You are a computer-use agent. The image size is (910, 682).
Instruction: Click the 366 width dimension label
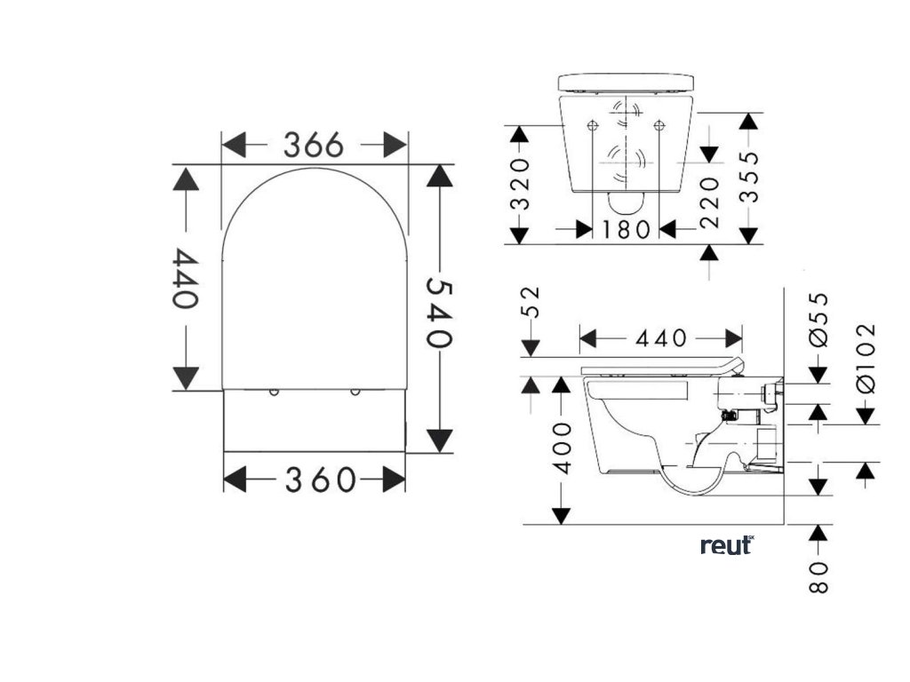coord(313,144)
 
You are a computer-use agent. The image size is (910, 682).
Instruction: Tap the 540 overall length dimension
coord(439,312)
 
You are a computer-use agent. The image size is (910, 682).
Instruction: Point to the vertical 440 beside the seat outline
coord(185,278)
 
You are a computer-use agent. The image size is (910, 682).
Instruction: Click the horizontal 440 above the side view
coord(660,338)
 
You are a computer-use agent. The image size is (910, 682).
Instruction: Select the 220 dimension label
coord(708,202)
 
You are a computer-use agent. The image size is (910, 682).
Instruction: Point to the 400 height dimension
coord(561,456)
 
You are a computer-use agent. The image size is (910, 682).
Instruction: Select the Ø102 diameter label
coord(866,360)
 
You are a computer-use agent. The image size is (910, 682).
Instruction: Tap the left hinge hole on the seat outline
coord(274,392)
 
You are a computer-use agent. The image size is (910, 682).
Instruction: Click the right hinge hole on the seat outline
coord(355,392)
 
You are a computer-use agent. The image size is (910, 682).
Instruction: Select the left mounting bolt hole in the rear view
coord(592,125)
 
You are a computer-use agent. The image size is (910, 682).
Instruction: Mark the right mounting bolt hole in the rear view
coord(659,125)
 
